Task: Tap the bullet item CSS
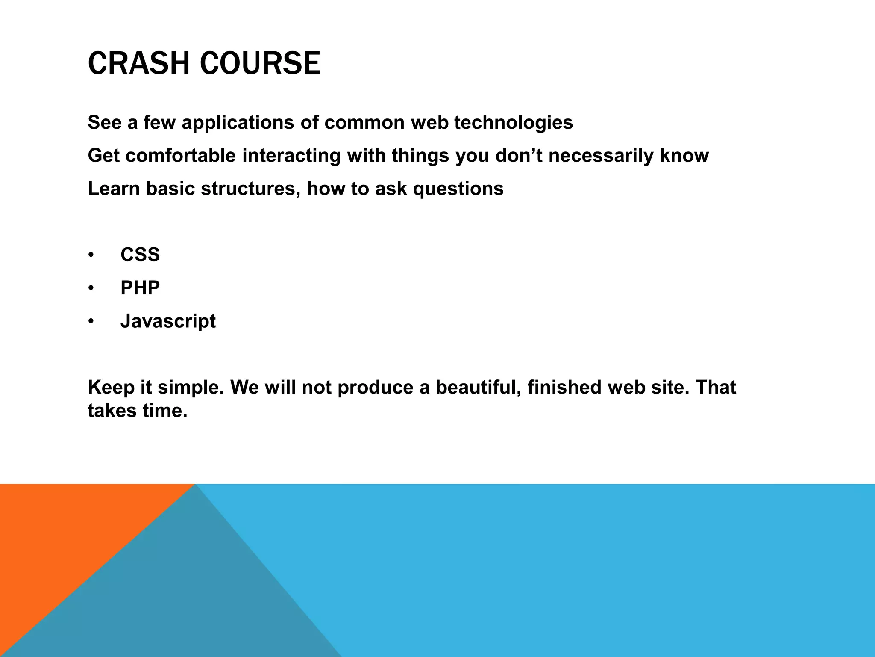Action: pyautogui.click(x=140, y=255)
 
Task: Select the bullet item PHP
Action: pyautogui.click(x=140, y=288)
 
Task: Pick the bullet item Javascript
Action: pyautogui.click(x=168, y=321)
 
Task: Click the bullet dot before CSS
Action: pyautogui.click(x=91, y=255)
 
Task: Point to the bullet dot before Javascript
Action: pyautogui.click(x=91, y=321)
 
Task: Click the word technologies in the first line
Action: pyautogui.click(x=513, y=123)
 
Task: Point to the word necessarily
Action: pyautogui.click(x=600, y=156)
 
